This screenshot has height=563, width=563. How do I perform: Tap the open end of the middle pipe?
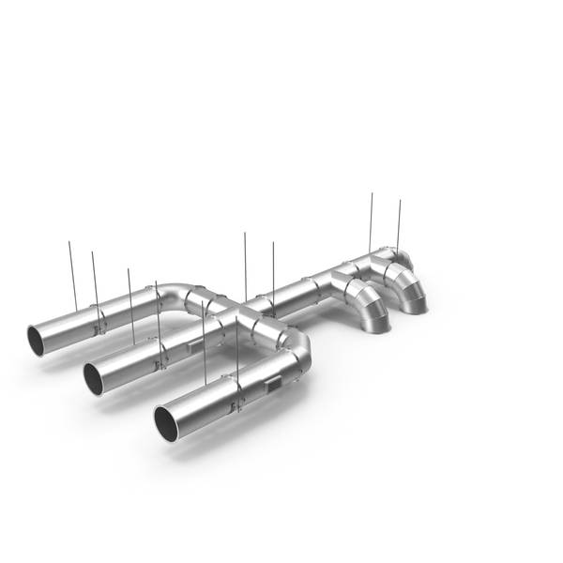[94, 378]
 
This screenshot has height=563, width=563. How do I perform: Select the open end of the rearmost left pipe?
[37, 340]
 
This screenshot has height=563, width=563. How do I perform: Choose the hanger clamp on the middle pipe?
[162, 356]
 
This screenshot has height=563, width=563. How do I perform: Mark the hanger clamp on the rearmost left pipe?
[99, 324]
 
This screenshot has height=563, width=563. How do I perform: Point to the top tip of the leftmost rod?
[69, 242]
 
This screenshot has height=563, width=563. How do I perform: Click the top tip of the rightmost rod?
[400, 199]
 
